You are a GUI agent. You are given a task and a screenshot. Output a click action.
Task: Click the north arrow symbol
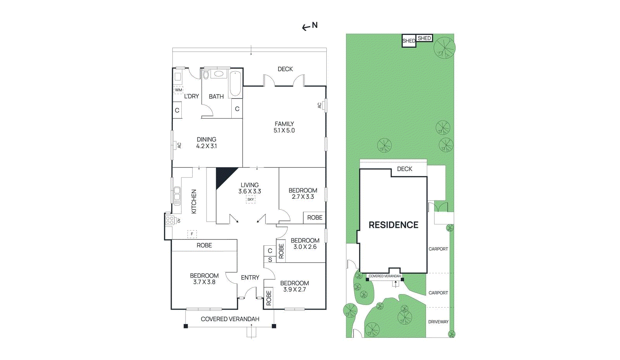click(x=306, y=28)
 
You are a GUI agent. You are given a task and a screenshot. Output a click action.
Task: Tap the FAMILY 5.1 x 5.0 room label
click(x=284, y=127)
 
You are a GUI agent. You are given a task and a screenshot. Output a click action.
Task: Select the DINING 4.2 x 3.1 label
click(x=207, y=143)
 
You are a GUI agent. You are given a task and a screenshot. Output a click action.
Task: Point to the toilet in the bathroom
click(x=205, y=74)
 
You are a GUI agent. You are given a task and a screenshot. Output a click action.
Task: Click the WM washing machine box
click(x=179, y=90)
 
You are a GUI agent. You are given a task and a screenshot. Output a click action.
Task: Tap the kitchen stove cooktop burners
click(x=170, y=220)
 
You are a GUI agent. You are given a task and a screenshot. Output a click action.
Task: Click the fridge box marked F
click(x=192, y=234)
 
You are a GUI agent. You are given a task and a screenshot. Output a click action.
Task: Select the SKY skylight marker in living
click(x=250, y=200)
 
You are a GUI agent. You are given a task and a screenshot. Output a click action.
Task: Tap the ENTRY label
click(x=250, y=277)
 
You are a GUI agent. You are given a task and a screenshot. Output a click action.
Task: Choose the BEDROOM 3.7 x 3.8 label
click(x=204, y=279)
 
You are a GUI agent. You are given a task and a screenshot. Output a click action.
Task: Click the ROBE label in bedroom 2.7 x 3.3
click(x=315, y=218)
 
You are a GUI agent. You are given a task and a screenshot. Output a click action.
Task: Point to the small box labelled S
click(x=270, y=260)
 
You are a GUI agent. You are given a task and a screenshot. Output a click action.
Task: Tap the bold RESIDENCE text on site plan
click(x=394, y=225)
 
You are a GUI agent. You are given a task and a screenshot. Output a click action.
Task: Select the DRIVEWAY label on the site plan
click(x=438, y=322)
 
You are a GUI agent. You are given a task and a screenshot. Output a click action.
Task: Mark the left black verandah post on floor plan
click(x=186, y=326)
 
